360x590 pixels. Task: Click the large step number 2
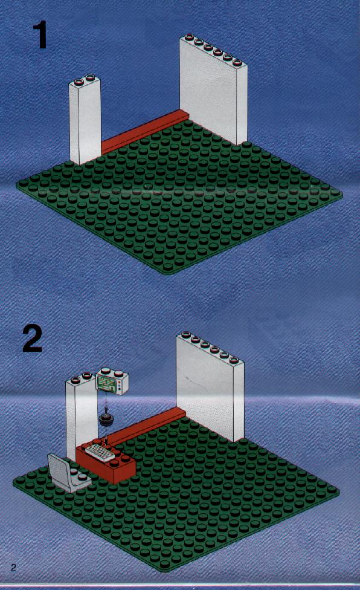[33, 339]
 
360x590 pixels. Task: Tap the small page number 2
[13, 568]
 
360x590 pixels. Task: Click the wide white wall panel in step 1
[213, 89]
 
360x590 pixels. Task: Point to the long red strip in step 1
[145, 131]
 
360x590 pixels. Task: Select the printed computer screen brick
[112, 381]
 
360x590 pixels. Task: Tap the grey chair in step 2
[68, 473]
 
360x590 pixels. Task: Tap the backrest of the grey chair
[59, 469]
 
